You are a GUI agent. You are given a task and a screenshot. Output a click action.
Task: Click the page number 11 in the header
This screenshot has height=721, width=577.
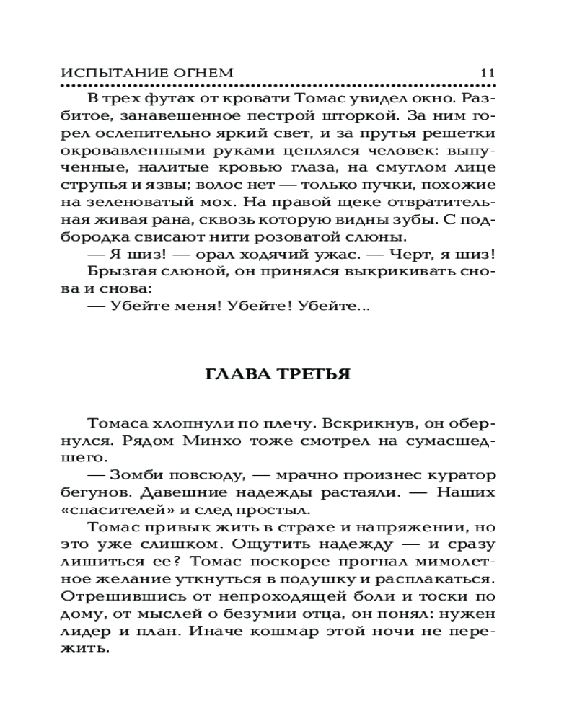coord(485,73)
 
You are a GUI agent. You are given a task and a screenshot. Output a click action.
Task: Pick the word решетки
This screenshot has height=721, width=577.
coord(462,133)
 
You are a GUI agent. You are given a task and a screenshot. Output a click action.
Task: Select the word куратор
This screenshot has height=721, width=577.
coord(463,475)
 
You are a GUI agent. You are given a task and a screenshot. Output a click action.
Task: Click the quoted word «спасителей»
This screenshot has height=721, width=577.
coord(105,511)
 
